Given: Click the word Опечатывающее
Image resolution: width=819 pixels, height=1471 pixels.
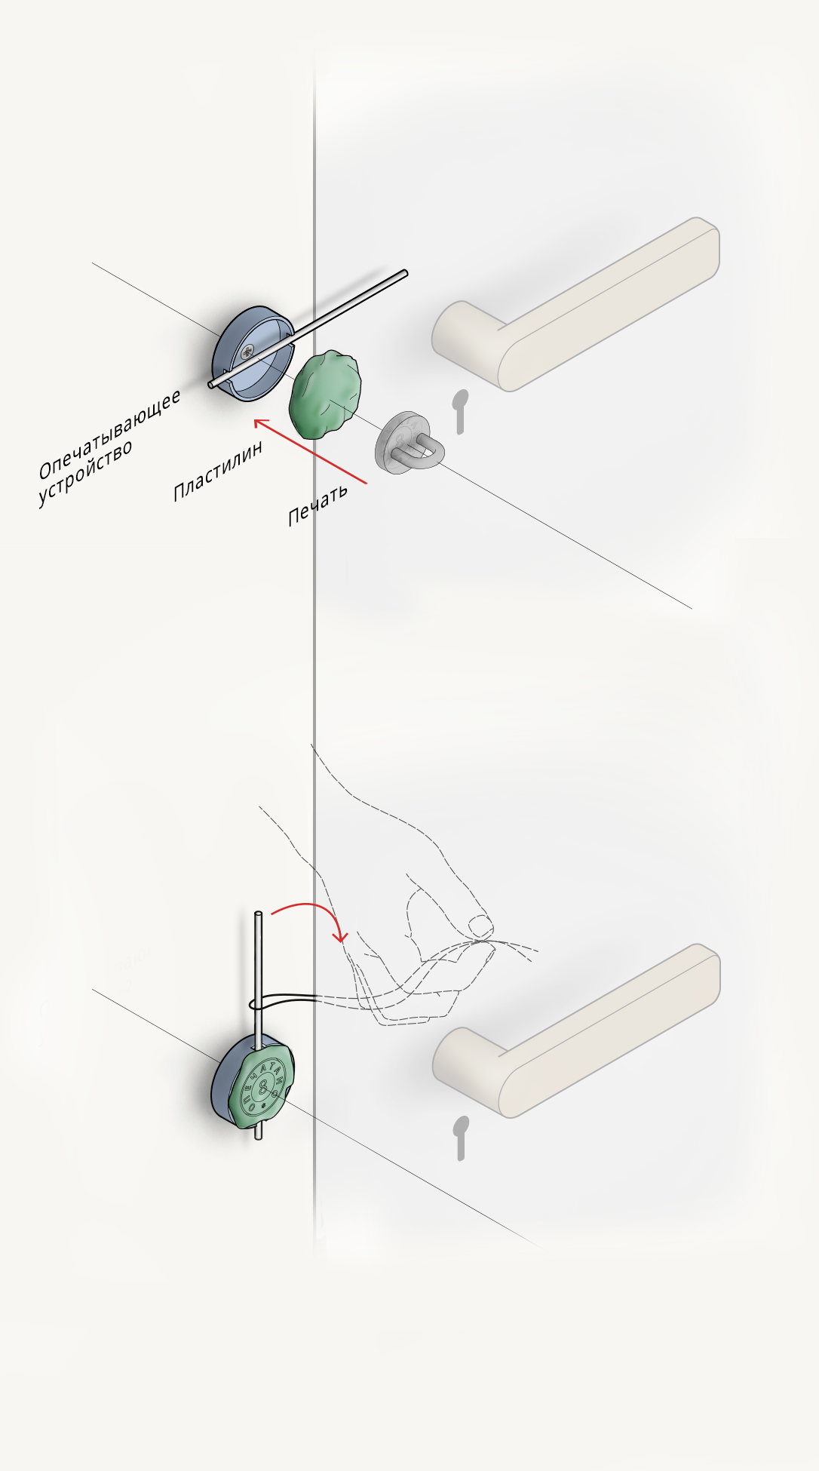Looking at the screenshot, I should coord(110,434).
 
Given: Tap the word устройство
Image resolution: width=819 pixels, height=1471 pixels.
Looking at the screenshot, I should coord(85,473).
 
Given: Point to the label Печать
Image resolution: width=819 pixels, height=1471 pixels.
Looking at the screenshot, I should coord(317,504).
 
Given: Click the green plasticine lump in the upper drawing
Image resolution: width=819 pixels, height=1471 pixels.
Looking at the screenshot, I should coord(324,394).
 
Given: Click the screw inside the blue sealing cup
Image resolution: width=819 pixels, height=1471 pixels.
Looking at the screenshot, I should coord(247,352).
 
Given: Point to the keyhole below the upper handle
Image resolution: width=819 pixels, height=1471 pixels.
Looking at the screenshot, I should coord(460,411).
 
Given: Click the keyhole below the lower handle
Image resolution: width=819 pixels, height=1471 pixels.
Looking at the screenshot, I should coord(460,1137).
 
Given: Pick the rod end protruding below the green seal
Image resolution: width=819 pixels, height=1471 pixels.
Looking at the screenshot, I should coord(259,1133).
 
